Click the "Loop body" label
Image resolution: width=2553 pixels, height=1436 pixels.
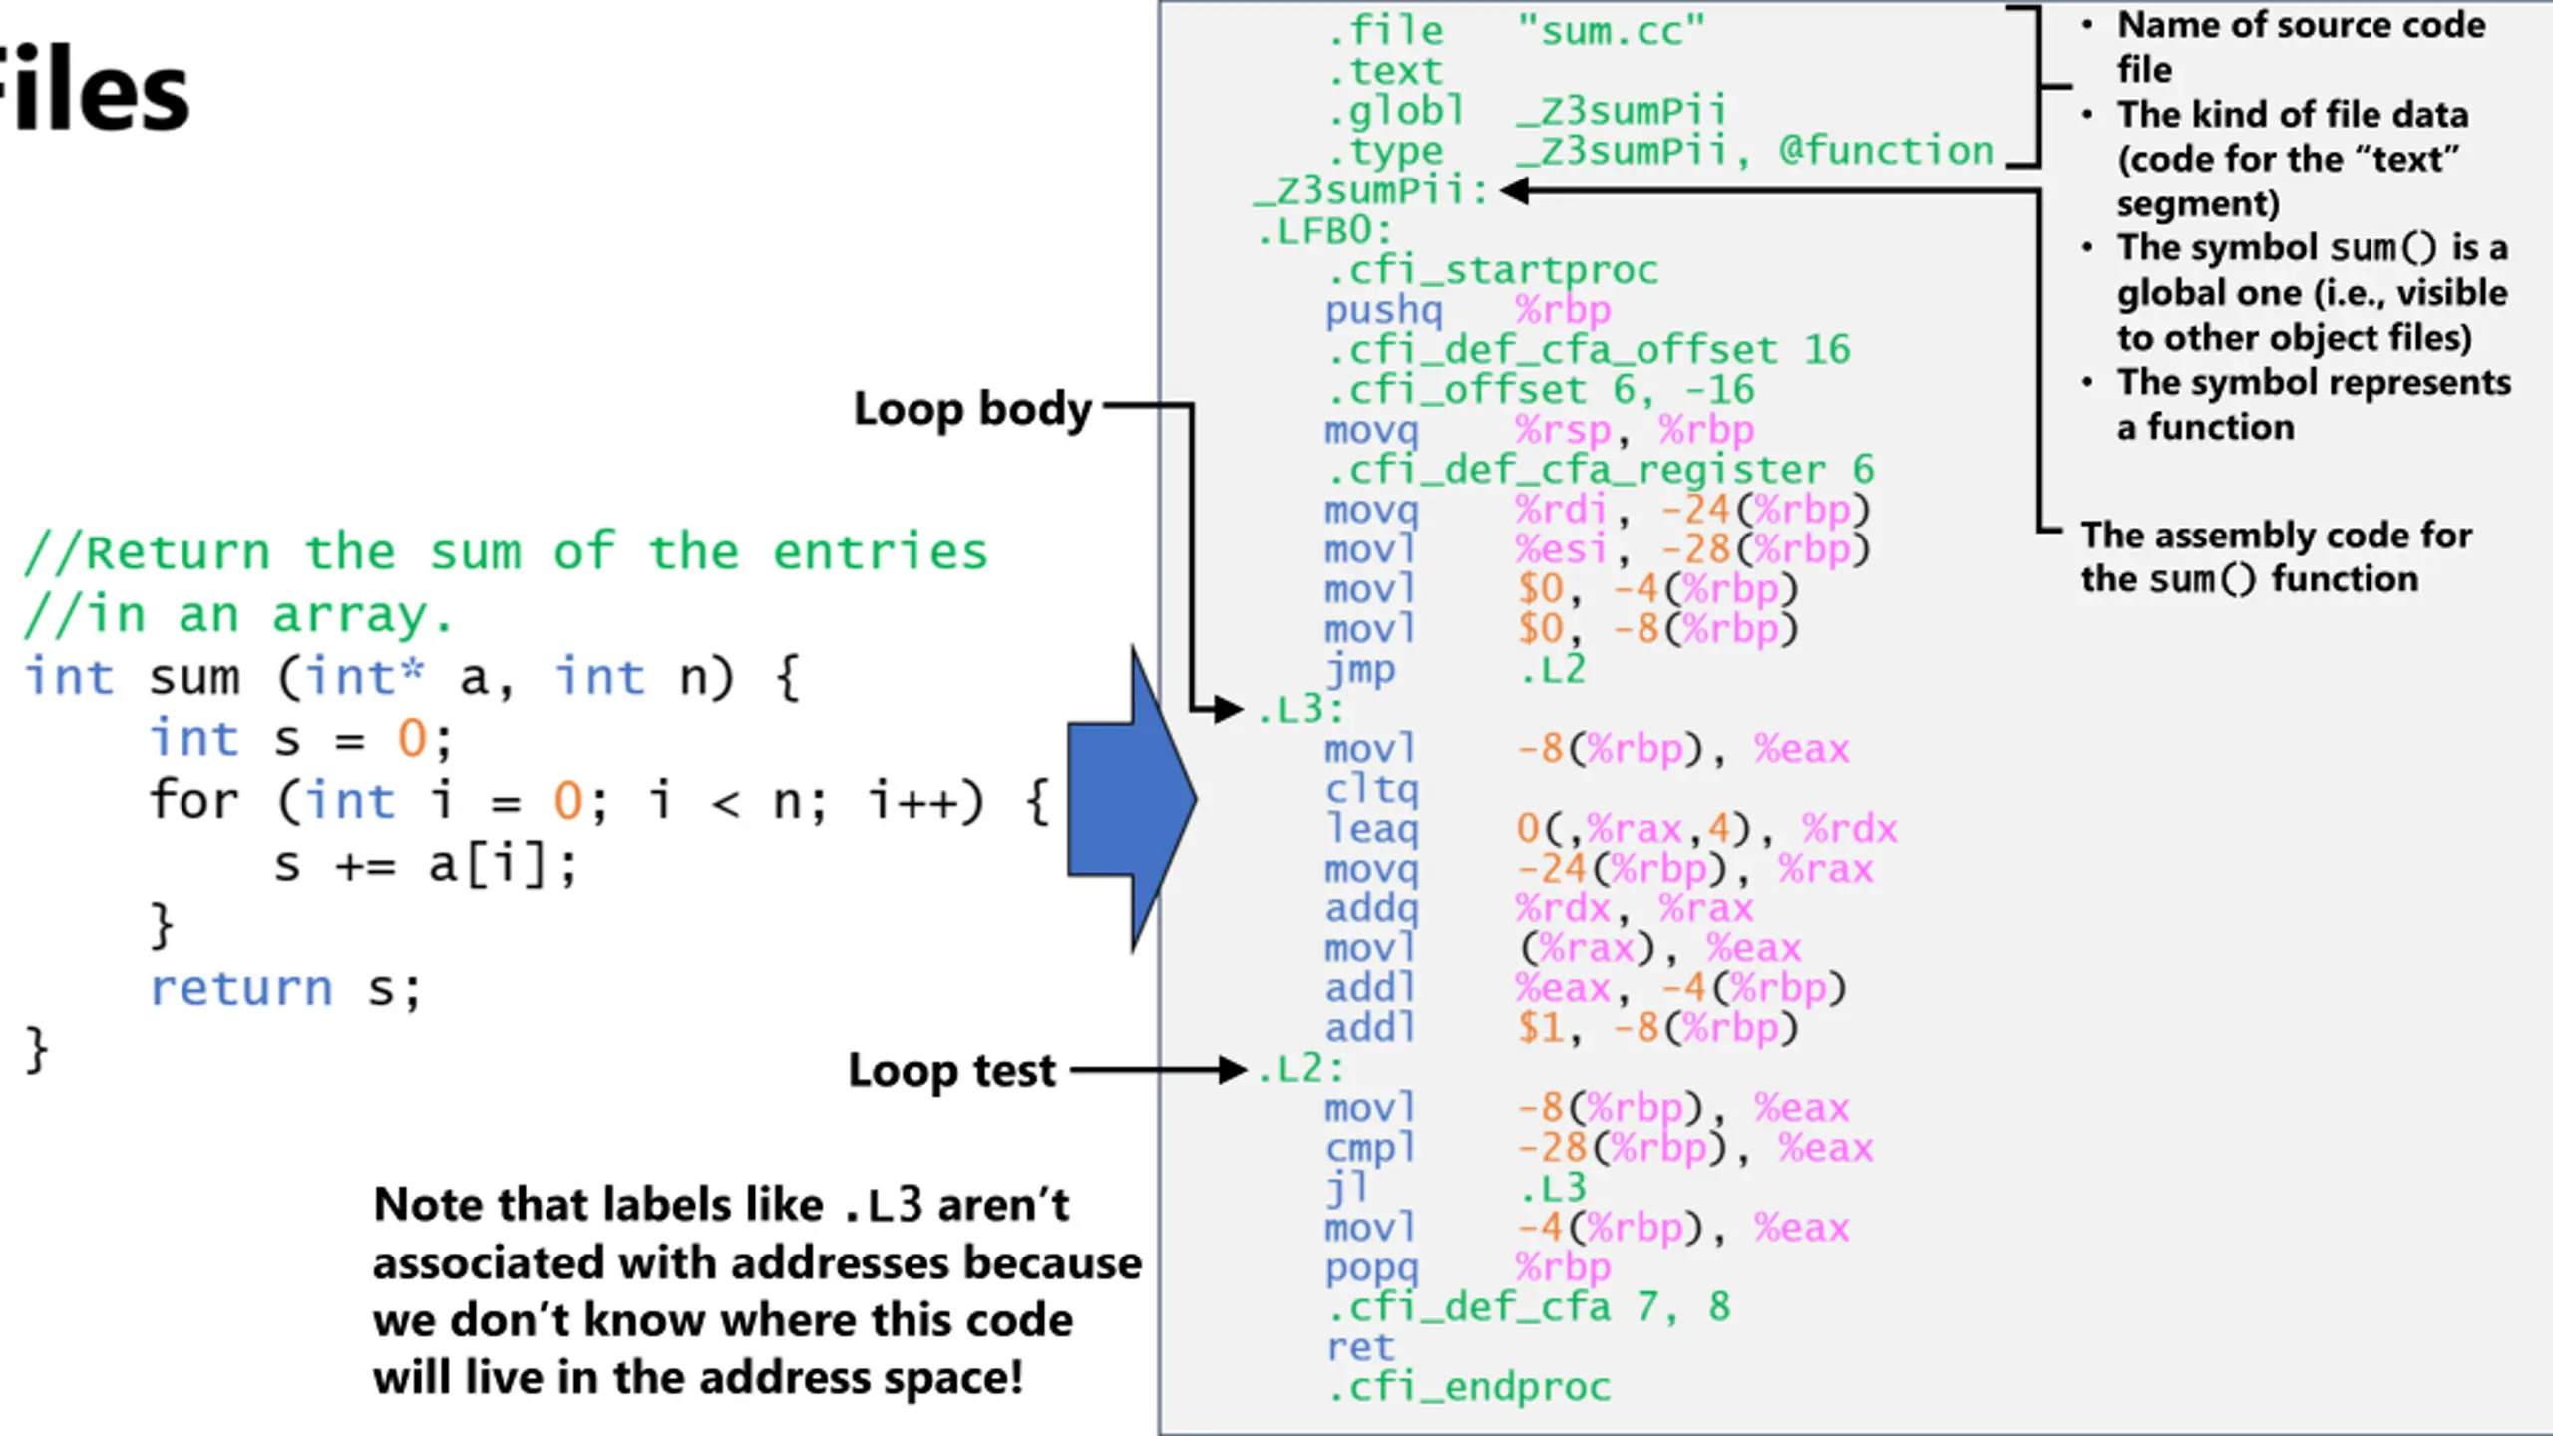[x=972, y=409]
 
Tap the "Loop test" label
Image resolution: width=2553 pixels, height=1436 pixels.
[x=951, y=1071]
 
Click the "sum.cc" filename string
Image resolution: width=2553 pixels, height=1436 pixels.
[x=1611, y=32]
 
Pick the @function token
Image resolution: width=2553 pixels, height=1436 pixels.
[x=1886, y=151]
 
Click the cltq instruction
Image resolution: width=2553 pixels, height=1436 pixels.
[x=1371, y=789]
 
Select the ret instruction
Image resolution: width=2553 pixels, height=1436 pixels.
[x=1360, y=1347]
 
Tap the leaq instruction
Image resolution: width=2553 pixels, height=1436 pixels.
[x=1371, y=829]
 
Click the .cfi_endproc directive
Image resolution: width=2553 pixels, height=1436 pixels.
[x=1469, y=1387]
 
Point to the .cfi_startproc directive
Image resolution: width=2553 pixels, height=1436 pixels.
[x=1493, y=270]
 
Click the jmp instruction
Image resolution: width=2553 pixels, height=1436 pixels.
[x=1360, y=670]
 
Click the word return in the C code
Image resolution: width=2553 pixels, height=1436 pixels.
[x=240, y=989]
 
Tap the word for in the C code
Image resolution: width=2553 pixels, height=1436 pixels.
[x=194, y=801]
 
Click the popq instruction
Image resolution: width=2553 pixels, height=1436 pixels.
[x=1371, y=1267]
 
